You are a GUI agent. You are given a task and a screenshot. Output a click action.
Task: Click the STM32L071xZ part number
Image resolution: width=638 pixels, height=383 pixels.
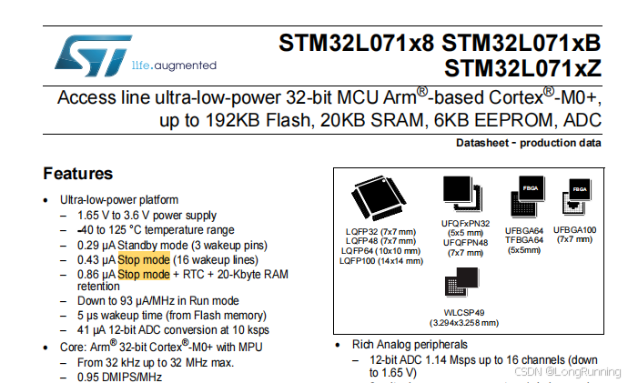(x=523, y=68)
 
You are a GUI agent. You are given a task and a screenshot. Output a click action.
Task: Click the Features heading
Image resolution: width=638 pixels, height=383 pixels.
(x=78, y=174)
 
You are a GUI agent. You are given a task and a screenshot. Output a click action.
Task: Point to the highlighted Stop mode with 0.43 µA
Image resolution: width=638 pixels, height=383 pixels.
(x=144, y=259)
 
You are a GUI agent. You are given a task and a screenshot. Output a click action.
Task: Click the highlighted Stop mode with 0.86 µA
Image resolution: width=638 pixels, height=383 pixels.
(x=144, y=274)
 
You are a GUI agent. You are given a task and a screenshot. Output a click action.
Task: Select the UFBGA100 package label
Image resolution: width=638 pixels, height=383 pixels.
(x=574, y=230)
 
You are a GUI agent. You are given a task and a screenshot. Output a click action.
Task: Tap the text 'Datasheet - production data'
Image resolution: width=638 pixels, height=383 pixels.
(x=529, y=144)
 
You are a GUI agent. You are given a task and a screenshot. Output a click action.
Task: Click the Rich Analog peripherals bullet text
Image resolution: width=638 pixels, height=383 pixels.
(x=410, y=345)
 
